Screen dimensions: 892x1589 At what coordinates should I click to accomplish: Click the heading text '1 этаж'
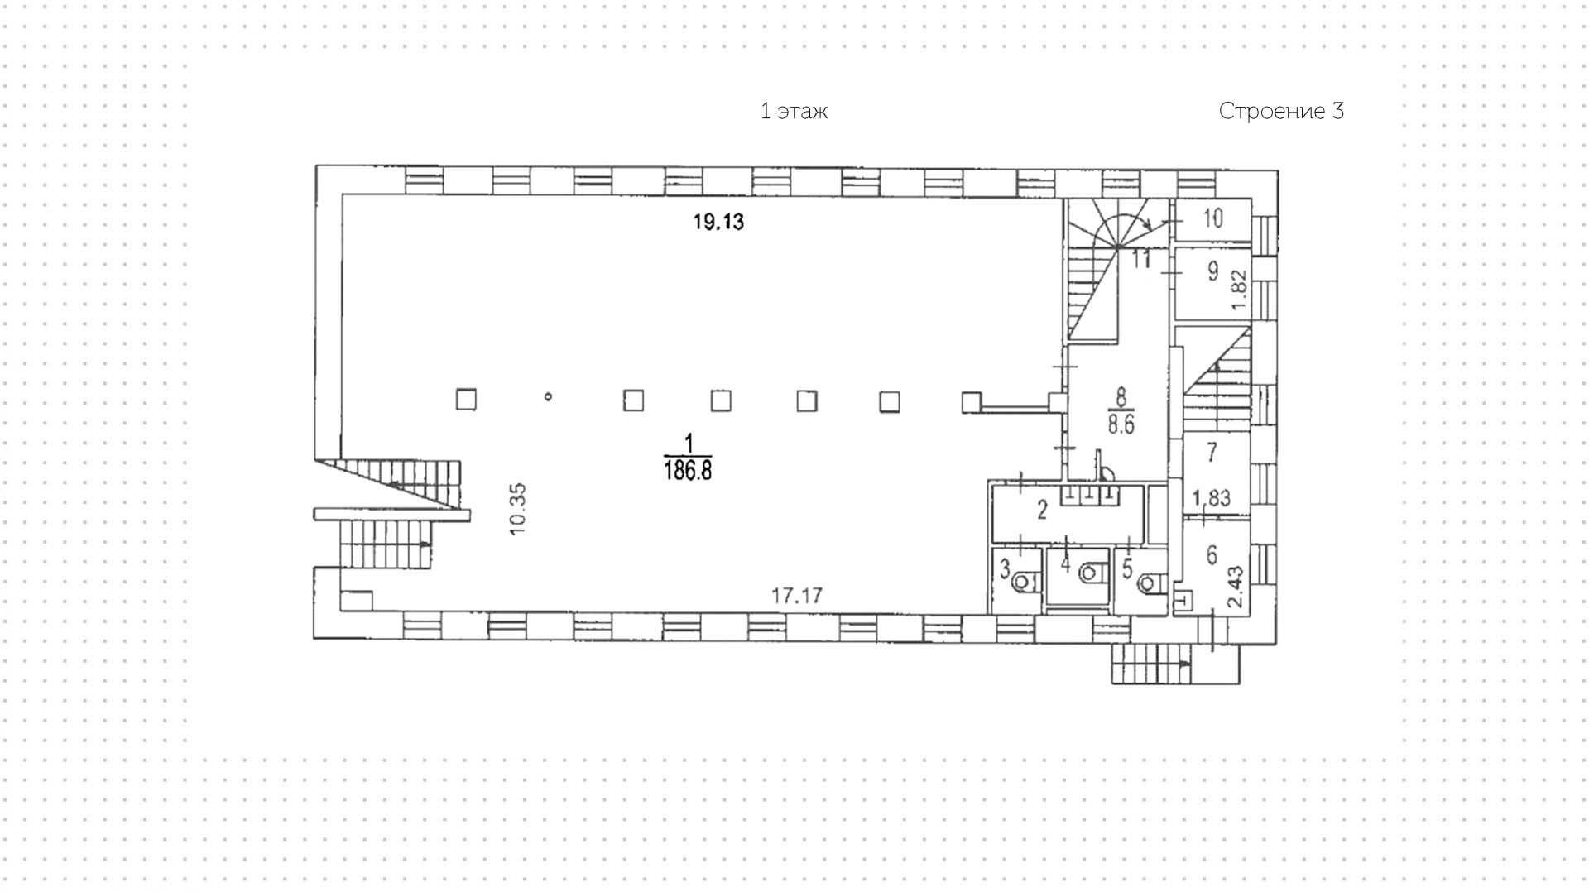click(x=794, y=112)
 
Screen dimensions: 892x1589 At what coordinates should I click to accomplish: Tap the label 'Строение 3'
click(x=1280, y=112)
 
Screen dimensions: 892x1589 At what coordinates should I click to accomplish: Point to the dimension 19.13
click(x=718, y=222)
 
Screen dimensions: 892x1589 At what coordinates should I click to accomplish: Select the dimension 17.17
click(x=796, y=595)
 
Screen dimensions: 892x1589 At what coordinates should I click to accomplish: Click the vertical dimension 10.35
click(x=518, y=510)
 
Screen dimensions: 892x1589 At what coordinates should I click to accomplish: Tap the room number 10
click(x=1212, y=218)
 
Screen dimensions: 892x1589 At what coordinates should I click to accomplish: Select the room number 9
click(x=1213, y=271)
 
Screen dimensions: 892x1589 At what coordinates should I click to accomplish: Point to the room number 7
click(x=1212, y=452)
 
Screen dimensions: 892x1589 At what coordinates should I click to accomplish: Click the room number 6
click(x=1212, y=554)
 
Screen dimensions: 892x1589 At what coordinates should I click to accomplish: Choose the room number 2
click(x=1042, y=510)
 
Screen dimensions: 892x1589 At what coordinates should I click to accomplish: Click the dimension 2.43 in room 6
click(x=1236, y=587)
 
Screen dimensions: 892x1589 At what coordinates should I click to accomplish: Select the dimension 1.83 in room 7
click(x=1211, y=498)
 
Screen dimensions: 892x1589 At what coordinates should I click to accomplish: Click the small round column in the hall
click(x=548, y=397)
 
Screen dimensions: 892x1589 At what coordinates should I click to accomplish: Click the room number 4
click(x=1065, y=565)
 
